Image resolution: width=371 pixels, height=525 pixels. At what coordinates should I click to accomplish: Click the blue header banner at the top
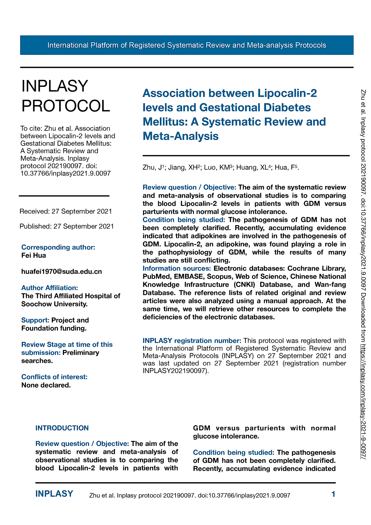[x=187, y=45]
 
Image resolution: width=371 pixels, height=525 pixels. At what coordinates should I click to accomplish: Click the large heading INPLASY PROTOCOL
[x=66, y=96]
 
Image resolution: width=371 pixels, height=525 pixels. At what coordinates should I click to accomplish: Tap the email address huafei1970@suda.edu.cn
[x=61, y=272]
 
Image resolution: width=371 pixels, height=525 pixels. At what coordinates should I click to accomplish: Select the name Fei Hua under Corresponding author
[x=34, y=256]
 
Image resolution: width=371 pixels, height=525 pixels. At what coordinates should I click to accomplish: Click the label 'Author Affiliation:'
[x=50, y=288]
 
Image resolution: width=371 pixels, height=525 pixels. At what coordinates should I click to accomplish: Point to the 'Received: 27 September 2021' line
[x=66, y=211]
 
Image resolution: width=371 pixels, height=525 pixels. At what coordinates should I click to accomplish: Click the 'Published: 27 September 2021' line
[x=66, y=226]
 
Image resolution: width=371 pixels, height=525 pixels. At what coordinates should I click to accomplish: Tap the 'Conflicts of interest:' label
[x=54, y=377]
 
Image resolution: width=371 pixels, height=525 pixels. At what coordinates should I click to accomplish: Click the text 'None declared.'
[x=46, y=385]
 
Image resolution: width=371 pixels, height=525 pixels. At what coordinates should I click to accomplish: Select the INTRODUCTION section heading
[x=62, y=428]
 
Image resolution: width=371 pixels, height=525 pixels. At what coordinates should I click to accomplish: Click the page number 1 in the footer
[x=333, y=494]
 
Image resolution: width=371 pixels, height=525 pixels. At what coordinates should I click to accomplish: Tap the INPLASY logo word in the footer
[x=54, y=494]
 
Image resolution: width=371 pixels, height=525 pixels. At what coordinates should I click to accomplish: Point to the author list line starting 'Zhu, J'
[x=221, y=167]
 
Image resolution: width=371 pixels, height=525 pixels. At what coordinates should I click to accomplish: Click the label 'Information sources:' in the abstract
[x=177, y=268]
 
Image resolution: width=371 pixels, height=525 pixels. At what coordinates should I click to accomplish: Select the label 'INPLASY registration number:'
[x=192, y=341]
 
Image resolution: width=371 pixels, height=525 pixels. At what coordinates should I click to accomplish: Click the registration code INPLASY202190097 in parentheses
[x=175, y=371]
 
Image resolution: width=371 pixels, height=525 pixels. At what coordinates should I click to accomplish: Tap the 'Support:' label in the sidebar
[x=35, y=320]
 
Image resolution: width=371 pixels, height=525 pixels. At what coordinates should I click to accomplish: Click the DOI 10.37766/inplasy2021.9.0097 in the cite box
[x=66, y=174]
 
